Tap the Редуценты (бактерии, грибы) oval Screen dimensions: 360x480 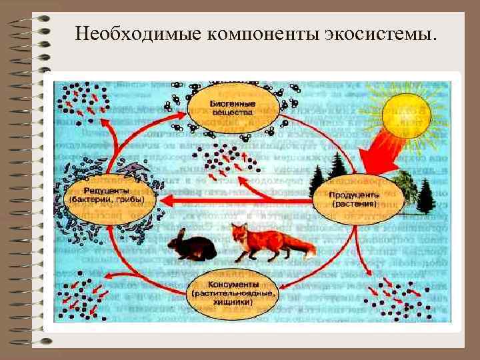[x=111, y=193]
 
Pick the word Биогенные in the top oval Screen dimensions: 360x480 [x=231, y=104]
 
